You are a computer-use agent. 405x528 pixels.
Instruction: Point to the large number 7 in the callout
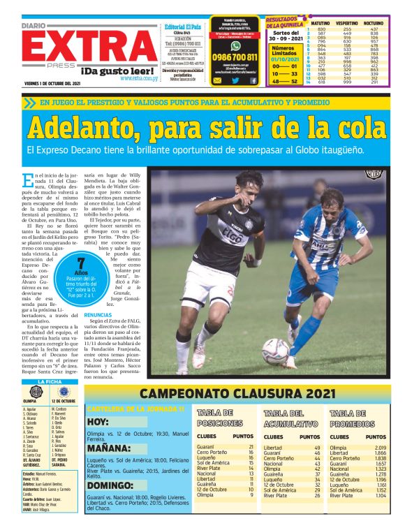[x=82, y=264]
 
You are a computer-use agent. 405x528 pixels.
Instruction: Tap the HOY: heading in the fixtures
[x=98, y=422]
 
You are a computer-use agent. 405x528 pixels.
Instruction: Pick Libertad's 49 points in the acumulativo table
[x=316, y=447]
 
